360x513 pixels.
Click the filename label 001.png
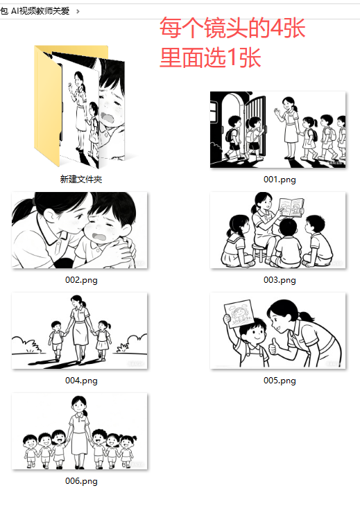(x=280, y=180)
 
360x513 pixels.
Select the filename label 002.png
(x=81, y=280)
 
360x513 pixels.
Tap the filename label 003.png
(x=280, y=280)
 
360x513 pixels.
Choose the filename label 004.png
(x=81, y=381)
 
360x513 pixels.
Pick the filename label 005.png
(x=280, y=381)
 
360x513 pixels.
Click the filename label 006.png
(x=81, y=481)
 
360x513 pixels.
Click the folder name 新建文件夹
(x=81, y=180)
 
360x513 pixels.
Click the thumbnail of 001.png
(x=277, y=130)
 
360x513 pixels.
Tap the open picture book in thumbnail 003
(x=291, y=207)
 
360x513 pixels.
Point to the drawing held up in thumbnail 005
(x=239, y=314)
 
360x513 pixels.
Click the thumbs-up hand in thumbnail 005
(x=273, y=347)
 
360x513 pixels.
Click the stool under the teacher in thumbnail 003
(x=259, y=252)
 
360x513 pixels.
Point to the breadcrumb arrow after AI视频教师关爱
(x=78, y=12)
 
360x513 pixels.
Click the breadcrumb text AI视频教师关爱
(x=40, y=11)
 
